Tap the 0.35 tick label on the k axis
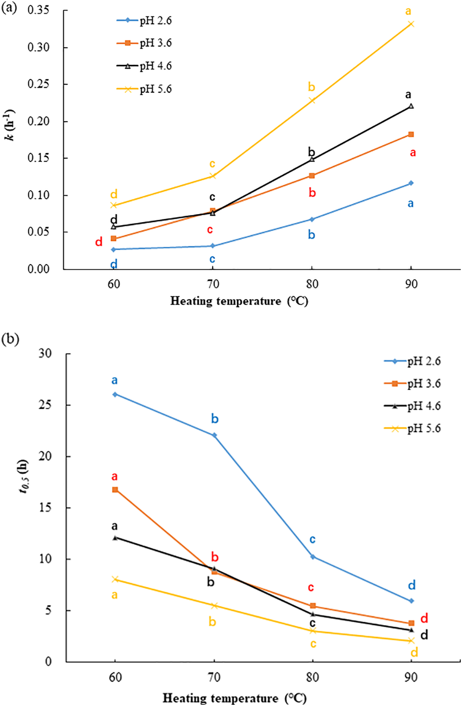click(x=38, y=10)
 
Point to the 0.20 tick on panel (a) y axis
click(x=38, y=121)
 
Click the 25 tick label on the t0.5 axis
click(x=45, y=405)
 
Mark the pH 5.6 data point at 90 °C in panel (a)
click(x=411, y=24)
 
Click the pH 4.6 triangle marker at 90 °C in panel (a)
click(x=411, y=106)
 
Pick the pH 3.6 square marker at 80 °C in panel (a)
click(x=312, y=176)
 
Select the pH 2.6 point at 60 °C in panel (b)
click(x=115, y=395)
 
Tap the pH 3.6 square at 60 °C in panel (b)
click(x=115, y=490)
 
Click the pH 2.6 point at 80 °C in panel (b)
click(x=312, y=557)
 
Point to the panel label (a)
click(x=9, y=8)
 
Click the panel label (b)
click(x=10, y=339)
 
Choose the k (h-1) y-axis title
click(x=11, y=125)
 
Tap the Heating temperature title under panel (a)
click(x=239, y=301)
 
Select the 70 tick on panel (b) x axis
click(x=214, y=677)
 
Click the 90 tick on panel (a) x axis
click(x=411, y=284)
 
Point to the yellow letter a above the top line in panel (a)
click(x=408, y=11)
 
